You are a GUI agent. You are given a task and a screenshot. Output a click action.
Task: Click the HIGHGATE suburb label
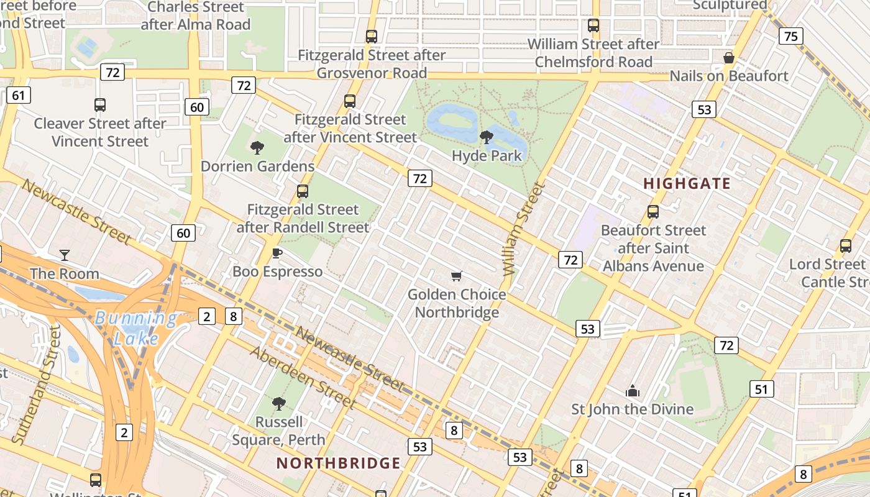pyautogui.click(x=687, y=184)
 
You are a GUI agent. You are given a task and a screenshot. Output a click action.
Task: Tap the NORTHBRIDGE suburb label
pyautogui.click(x=339, y=463)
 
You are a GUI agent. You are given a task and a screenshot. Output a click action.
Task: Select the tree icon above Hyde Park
pyautogui.click(x=487, y=137)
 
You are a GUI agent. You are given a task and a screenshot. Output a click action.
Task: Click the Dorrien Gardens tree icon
pyautogui.click(x=257, y=148)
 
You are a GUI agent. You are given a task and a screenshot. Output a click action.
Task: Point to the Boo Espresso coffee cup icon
pyautogui.click(x=277, y=253)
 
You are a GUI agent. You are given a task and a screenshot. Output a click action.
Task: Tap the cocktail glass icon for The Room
pyautogui.click(x=64, y=255)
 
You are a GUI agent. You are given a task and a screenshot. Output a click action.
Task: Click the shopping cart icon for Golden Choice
pyautogui.click(x=457, y=276)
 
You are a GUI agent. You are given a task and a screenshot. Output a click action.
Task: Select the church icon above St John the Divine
pyautogui.click(x=633, y=391)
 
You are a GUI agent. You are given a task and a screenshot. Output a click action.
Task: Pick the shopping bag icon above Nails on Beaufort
pyautogui.click(x=729, y=58)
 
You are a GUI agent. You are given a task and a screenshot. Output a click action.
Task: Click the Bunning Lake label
pyautogui.click(x=137, y=328)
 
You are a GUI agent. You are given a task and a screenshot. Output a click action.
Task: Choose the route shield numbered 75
pyautogui.click(x=790, y=36)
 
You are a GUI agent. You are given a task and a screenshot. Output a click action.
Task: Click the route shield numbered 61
pyautogui.click(x=19, y=95)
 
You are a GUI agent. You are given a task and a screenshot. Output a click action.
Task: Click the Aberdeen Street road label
pyautogui.click(x=303, y=378)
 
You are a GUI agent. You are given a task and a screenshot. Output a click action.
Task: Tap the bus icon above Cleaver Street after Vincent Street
pyautogui.click(x=99, y=105)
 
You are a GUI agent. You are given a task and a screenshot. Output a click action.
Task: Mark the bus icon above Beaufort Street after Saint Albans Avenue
pyautogui.click(x=652, y=212)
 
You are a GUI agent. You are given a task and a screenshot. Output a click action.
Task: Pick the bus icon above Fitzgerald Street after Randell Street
pyautogui.click(x=303, y=191)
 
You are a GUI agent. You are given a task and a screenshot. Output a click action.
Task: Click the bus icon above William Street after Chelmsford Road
pyautogui.click(x=593, y=25)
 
